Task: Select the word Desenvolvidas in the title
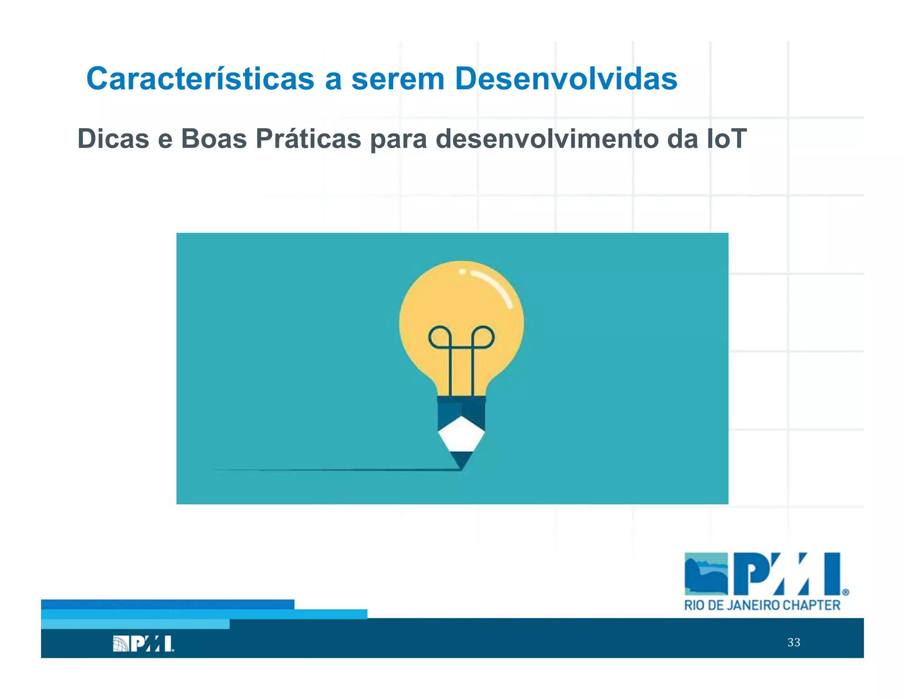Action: click(566, 79)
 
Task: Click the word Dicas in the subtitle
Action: click(113, 139)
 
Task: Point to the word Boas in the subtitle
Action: click(214, 139)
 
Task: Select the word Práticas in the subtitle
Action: click(308, 139)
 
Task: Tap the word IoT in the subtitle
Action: click(726, 139)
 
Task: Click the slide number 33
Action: click(794, 642)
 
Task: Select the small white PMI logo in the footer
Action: click(143, 644)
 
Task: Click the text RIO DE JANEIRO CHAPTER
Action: click(762, 605)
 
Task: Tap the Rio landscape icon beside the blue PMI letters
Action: click(706, 574)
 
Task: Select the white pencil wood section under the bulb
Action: click(461, 435)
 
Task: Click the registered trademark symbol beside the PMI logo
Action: click(845, 592)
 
